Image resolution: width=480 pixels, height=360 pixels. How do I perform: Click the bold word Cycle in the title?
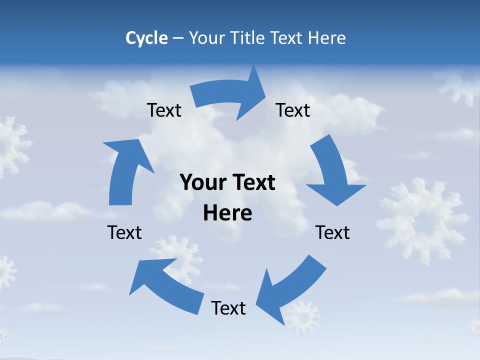pyautogui.click(x=146, y=38)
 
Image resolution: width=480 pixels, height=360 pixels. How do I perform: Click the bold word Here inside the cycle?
pyautogui.click(x=227, y=213)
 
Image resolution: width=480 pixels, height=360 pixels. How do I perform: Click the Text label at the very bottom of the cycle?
pyautogui.click(x=228, y=308)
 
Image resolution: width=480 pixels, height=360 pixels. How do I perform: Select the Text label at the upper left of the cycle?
pyautogui.click(x=164, y=110)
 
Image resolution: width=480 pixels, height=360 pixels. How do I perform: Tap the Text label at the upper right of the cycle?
pyautogui.click(x=293, y=110)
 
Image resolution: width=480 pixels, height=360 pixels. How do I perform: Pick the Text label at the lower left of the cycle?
pyautogui.click(x=124, y=232)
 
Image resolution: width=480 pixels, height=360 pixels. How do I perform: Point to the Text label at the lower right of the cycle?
pyautogui.click(x=333, y=232)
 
